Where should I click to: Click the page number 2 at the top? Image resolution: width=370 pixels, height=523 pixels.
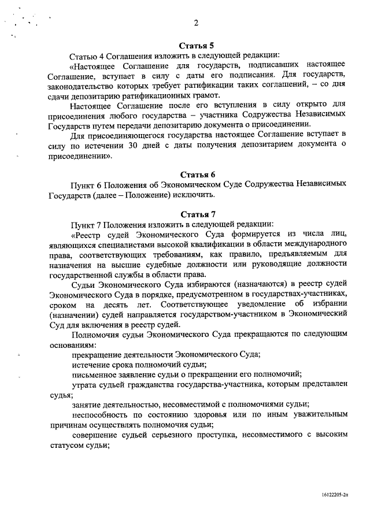pyautogui.click(x=197, y=23)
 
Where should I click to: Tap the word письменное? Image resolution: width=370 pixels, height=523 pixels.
pyautogui.click(x=99, y=374)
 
